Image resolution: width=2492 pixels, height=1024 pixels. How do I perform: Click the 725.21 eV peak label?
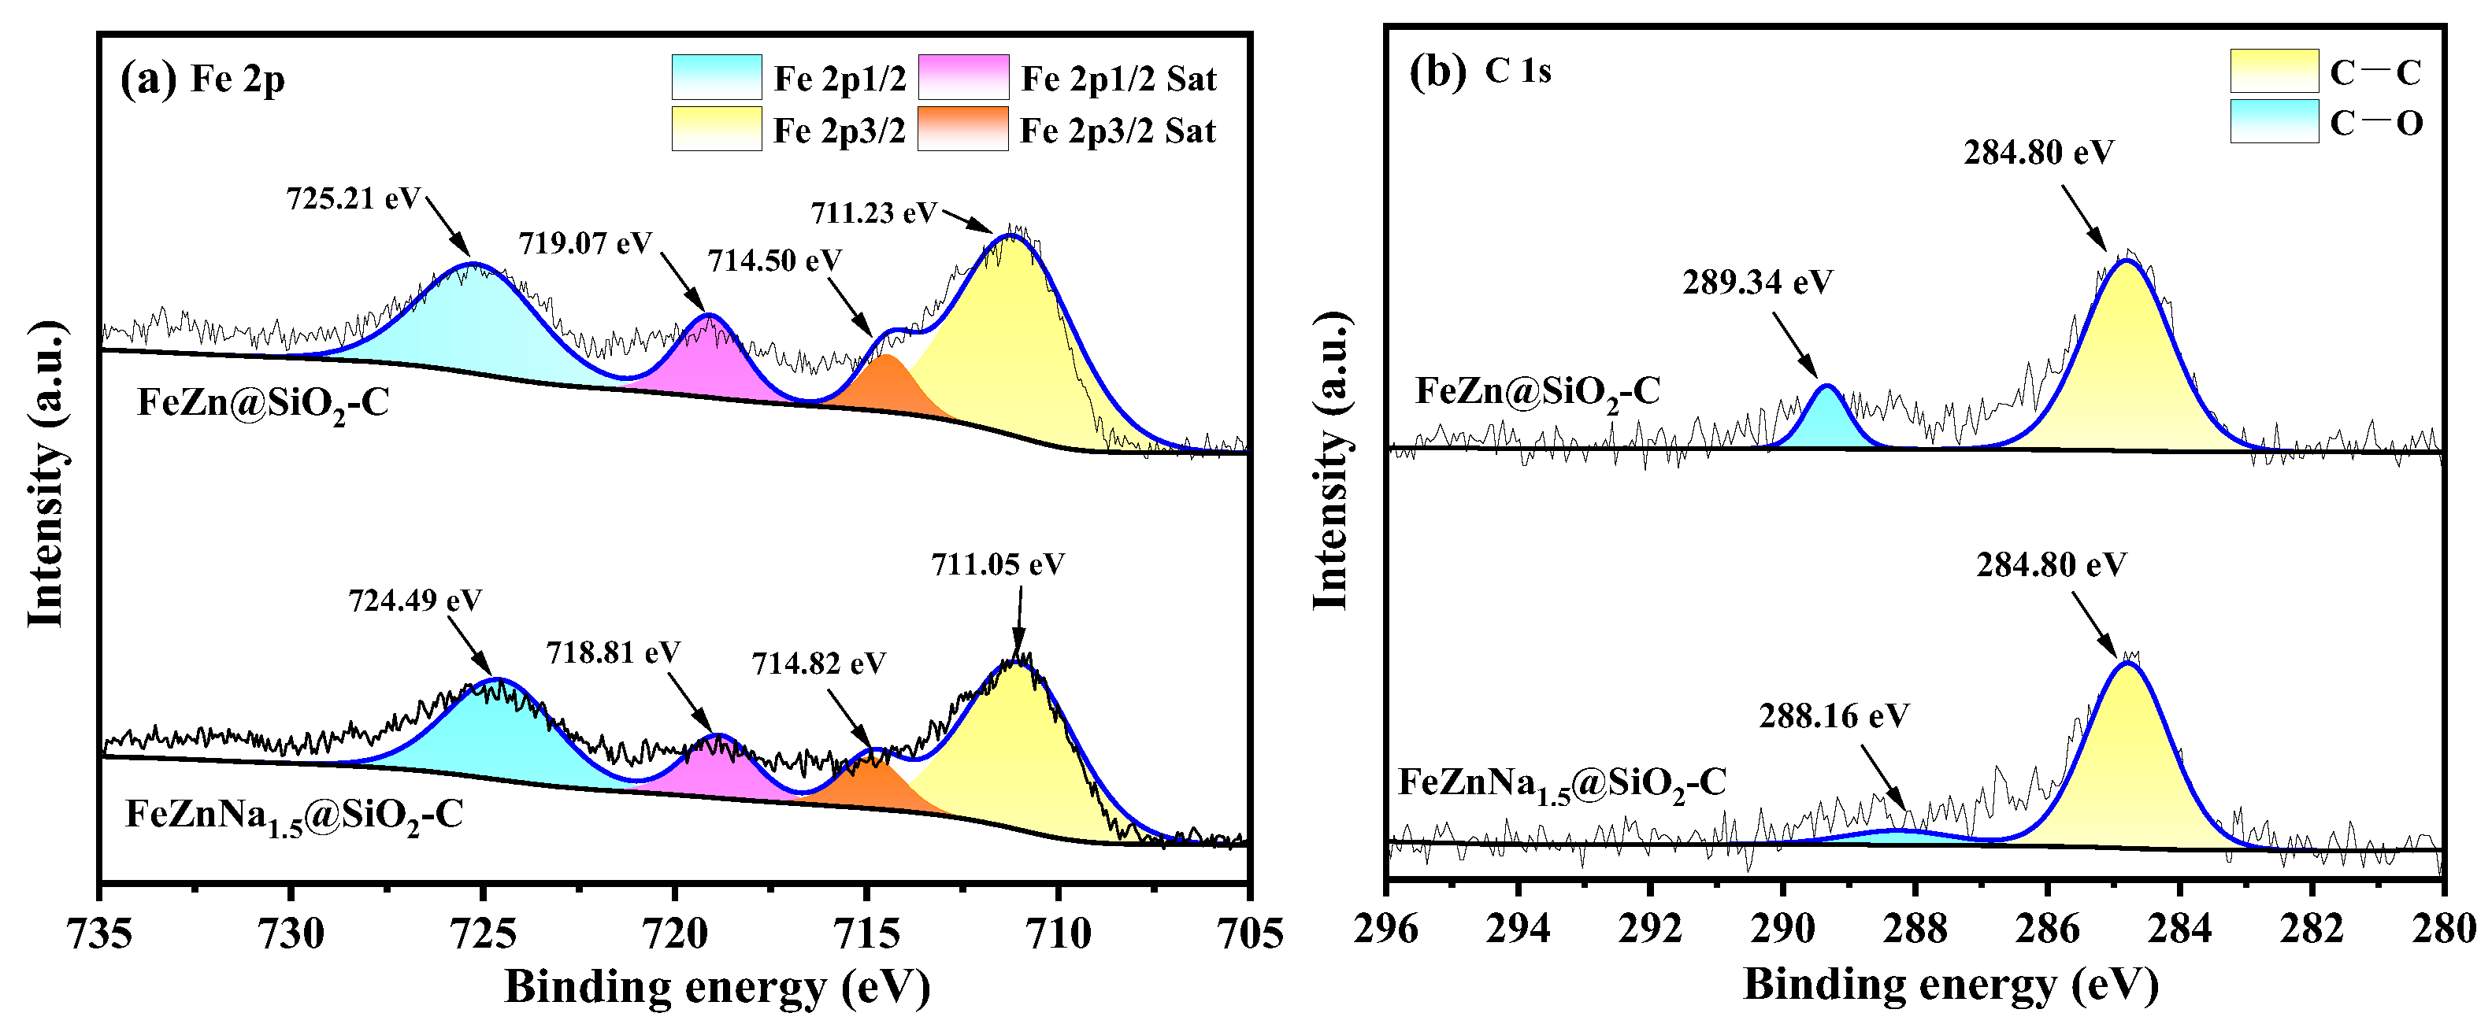pos(353,199)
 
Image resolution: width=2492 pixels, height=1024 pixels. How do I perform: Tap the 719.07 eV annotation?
pos(585,242)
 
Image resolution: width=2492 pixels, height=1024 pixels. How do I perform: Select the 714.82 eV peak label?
pos(818,664)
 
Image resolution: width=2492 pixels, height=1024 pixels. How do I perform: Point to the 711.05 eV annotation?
pos(997,564)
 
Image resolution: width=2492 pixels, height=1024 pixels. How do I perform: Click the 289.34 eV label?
pos(1757,283)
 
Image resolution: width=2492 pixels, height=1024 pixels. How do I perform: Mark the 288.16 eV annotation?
pos(1834,716)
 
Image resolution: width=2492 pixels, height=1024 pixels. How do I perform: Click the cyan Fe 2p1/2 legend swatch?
pos(716,77)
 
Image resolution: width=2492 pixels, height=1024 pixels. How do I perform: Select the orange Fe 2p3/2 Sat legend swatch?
pos(962,128)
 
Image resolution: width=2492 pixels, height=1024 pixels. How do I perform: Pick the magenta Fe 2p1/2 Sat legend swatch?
pos(962,77)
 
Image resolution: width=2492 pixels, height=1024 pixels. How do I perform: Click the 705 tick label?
pos(1251,934)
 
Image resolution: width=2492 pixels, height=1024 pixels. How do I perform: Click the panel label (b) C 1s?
pos(1480,72)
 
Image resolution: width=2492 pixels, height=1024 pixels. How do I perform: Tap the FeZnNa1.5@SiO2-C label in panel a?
pos(294,816)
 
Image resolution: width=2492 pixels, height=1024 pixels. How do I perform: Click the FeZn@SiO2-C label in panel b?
pos(1537,392)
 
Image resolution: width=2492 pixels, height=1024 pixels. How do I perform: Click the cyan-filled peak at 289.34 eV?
pos(1826,423)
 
